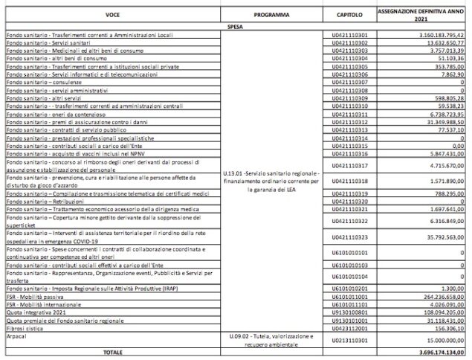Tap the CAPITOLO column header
click(349, 14)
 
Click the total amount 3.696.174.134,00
click(438, 351)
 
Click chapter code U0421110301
click(349, 34)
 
